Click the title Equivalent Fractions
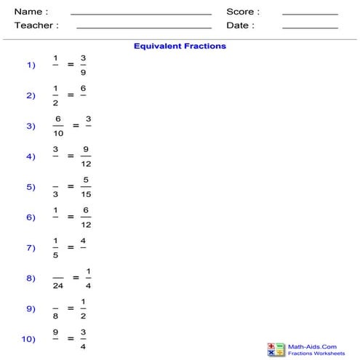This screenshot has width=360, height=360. (x=180, y=46)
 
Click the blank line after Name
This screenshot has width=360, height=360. (x=140, y=14)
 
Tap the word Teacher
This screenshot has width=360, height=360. (x=36, y=25)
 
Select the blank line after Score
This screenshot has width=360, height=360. (x=310, y=14)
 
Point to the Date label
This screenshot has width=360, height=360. (x=240, y=25)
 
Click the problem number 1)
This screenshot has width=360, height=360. (x=31, y=65)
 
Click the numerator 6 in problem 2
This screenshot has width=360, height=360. (x=84, y=88)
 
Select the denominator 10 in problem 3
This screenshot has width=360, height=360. (x=57, y=132)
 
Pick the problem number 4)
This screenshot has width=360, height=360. (x=31, y=156)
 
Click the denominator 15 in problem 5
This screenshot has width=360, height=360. (x=86, y=193)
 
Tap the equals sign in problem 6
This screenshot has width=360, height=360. (x=71, y=217)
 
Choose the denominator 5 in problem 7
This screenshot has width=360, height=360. (x=55, y=255)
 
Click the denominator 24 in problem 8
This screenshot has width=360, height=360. (x=57, y=285)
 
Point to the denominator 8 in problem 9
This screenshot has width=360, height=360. (x=55, y=316)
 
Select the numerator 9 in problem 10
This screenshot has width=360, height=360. (x=55, y=332)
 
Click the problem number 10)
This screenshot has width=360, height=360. (x=28, y=340)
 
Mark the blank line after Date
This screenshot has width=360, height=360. (x=310, y=28)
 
